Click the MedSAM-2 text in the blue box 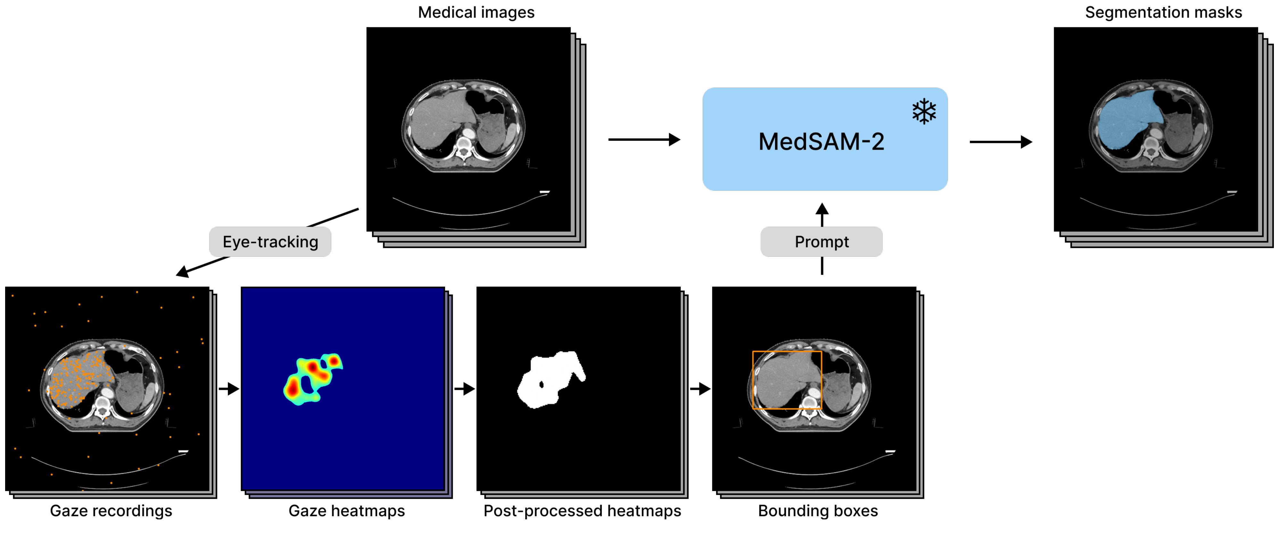pos(821,142)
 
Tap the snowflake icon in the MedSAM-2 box pos(924,112)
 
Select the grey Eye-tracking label pos(270,242)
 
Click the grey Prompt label pos(822,242)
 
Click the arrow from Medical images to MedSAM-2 pos(644,139)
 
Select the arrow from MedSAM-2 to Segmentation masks pos(1001,142)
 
